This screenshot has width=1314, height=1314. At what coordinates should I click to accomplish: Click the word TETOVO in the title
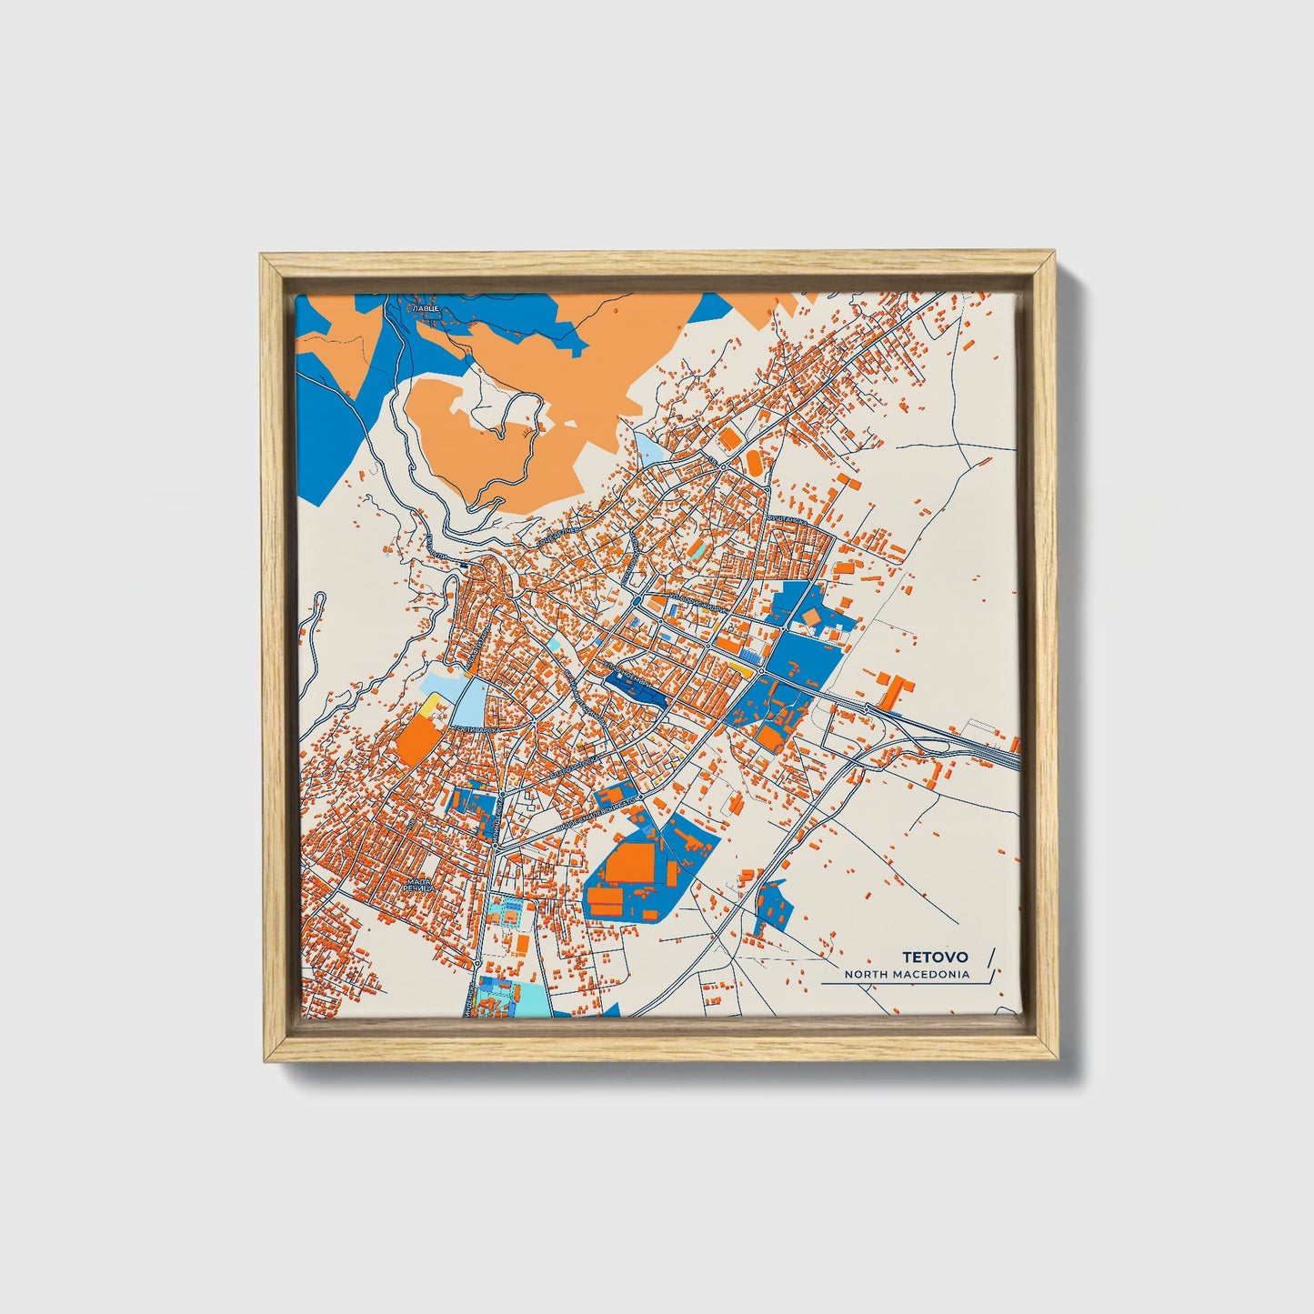pyautogui.click(x=935, y=958)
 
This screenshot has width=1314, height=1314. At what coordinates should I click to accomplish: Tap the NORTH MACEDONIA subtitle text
pyautogui.click(x=907, y=975)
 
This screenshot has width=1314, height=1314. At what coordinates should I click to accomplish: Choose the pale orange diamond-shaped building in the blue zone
pyautogui.click(x=809, y=617)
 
